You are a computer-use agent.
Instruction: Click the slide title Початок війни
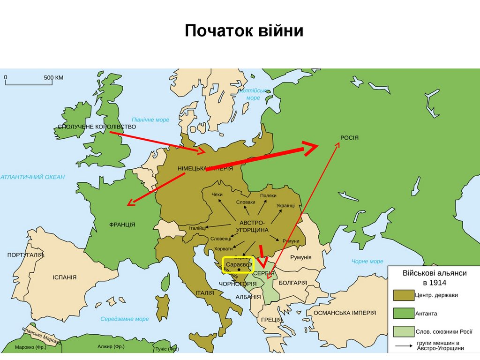coord(244,31)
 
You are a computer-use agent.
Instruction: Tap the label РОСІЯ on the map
coord(349,137)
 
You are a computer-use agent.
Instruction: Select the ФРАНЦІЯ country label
coord(122,225)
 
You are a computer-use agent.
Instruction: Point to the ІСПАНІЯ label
coord(64,277)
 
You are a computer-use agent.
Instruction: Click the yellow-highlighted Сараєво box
coord(238,265)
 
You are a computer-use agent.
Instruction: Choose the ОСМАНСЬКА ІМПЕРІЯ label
coord(345,312)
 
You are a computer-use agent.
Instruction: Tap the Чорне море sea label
coord(367,261)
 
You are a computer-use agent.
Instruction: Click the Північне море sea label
coord(150,120)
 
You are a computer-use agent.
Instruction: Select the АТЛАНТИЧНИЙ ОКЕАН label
coord(33,177)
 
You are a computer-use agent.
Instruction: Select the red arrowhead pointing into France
coord(130,203)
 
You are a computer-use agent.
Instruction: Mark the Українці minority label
coord(285,206)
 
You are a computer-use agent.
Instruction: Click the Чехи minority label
coord(217,195)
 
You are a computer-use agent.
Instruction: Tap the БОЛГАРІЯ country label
coord(293,283)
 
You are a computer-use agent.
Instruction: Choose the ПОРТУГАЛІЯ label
coord(25,255)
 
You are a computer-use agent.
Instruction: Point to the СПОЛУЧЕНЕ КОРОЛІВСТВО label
coord(97,127)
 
